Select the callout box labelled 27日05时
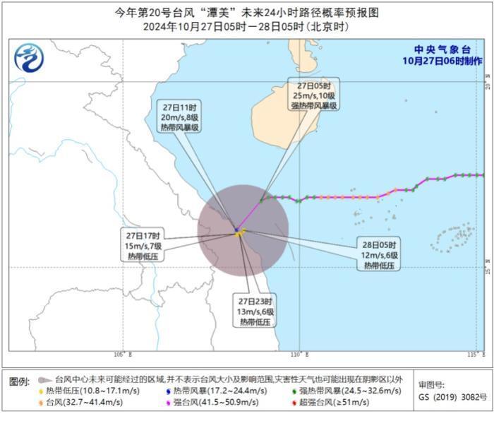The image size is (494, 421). pyautogui.click(x=313, y=95)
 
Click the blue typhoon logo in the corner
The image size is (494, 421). pyautogui.click(x=29, y=57)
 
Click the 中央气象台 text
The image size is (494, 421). pyautogui.click(x=442, y=50)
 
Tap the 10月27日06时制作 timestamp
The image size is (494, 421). pyautogui.click(x=442, y=61)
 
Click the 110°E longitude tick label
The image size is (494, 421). pyautogui.click(x=299, y=354)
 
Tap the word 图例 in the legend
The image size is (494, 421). pyautogui.click(x=20, y=381)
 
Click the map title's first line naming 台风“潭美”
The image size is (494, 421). pyautogui.click(x=246, y=13)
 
